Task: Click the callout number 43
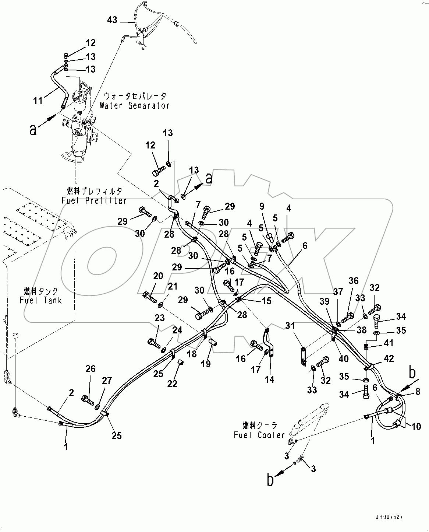click(112, 20)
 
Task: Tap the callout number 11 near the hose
click(38, 100)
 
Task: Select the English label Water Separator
click(134, 105)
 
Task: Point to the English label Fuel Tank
click(40, 300)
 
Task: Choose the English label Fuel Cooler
click(259, 435)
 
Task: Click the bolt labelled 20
click(149, 295)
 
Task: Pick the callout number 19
click(206, 364)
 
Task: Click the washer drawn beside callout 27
click(98, 407)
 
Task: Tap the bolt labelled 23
click(153, 343)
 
